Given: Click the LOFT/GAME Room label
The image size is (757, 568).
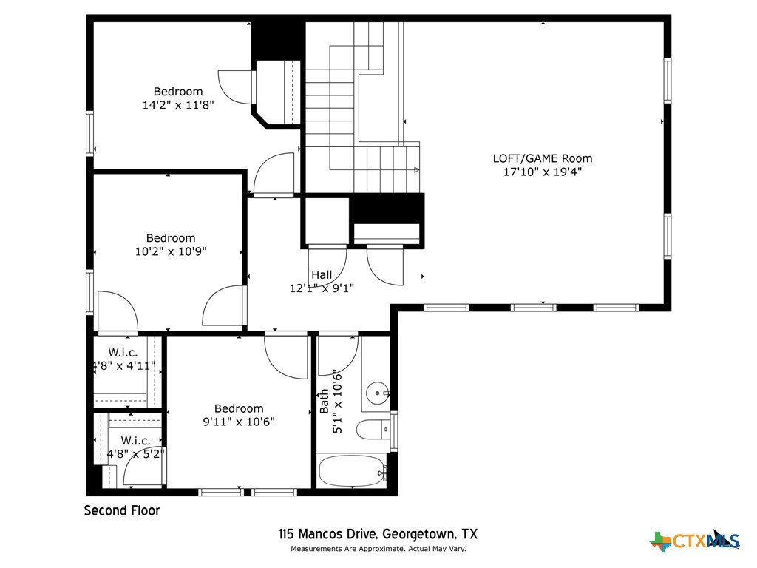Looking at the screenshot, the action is click(542, 158).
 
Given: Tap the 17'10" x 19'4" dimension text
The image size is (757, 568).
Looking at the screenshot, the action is click(542, 172).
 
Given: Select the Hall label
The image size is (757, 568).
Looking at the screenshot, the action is click(322, 275).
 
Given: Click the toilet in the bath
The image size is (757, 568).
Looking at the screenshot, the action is click(373, 429).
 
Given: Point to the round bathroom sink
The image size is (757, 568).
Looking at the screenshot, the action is click(377, 393).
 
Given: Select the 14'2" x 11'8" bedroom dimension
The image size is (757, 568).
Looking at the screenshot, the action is click(178, 105).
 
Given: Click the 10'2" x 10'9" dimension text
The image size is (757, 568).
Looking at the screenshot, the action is click(171, 251).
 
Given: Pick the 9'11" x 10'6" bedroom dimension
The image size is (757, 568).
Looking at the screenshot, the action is click(239, 422).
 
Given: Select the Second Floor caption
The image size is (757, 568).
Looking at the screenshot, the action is click(122, 510).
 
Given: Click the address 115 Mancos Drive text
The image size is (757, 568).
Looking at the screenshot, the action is click(327, 534).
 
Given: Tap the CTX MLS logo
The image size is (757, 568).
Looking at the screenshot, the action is click(695, 541).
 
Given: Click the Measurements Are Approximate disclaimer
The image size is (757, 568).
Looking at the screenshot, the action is click(378, 549).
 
